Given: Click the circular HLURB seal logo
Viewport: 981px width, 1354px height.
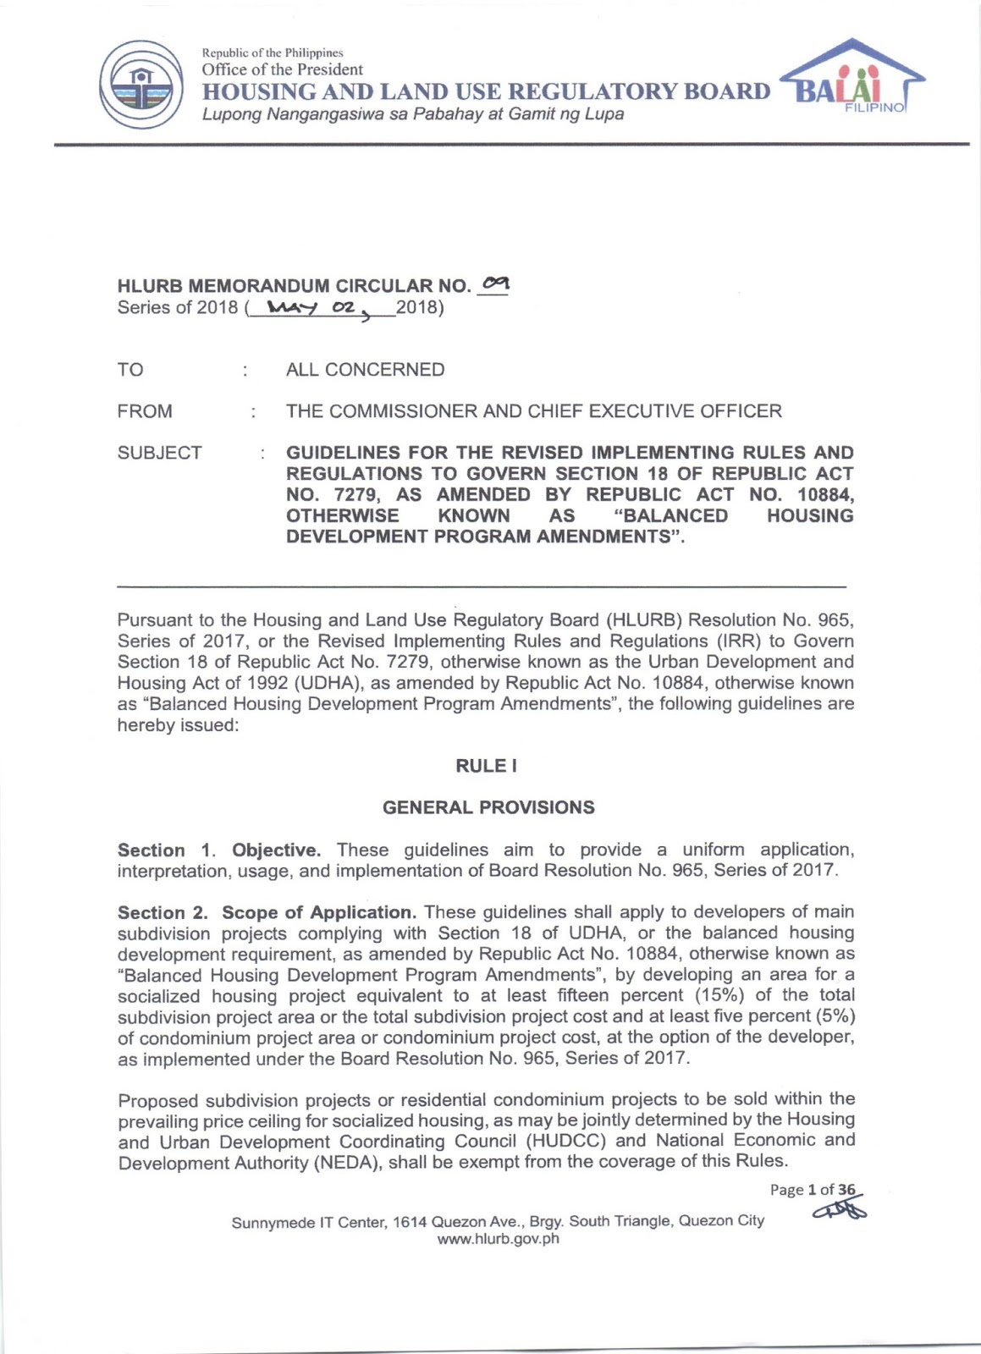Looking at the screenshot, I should coord(141,85).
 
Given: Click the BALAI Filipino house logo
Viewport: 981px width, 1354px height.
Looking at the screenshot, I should coord(851,78).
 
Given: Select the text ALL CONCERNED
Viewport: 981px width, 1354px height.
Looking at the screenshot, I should coord(365,370).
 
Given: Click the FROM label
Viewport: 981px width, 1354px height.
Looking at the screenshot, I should coord(145,411).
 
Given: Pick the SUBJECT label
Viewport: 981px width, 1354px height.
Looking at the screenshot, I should coord(159,453).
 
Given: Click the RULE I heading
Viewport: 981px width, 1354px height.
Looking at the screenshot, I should coord(487,766).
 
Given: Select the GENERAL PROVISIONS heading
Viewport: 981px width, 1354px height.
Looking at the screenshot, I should coord(488,807).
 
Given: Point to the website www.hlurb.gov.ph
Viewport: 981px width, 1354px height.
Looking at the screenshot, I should coord(498,1239).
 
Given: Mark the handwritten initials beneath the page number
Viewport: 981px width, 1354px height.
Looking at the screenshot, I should coord(840,1211).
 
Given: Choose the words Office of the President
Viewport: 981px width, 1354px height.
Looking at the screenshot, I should coord(282,69).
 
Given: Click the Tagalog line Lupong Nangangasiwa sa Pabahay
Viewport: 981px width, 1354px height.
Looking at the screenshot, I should coord(412,113).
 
